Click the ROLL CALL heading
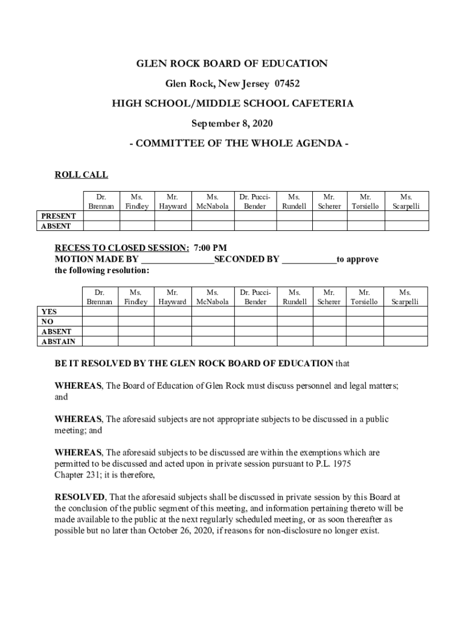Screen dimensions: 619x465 pos(81,175)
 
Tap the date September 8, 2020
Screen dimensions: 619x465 pos(232,124)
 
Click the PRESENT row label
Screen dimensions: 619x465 pos(58,216)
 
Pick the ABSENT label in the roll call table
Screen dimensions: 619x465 pos(56,226)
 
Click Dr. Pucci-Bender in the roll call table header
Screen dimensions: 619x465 pos(255,201)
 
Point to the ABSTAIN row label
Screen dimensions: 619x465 pos(58,342)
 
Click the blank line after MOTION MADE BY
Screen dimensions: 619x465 pos(178,260)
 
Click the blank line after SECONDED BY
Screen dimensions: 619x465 pos(309,260)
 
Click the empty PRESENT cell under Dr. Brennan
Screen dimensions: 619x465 pos(101,216)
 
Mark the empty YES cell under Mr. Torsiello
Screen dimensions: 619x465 pos(365,312)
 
